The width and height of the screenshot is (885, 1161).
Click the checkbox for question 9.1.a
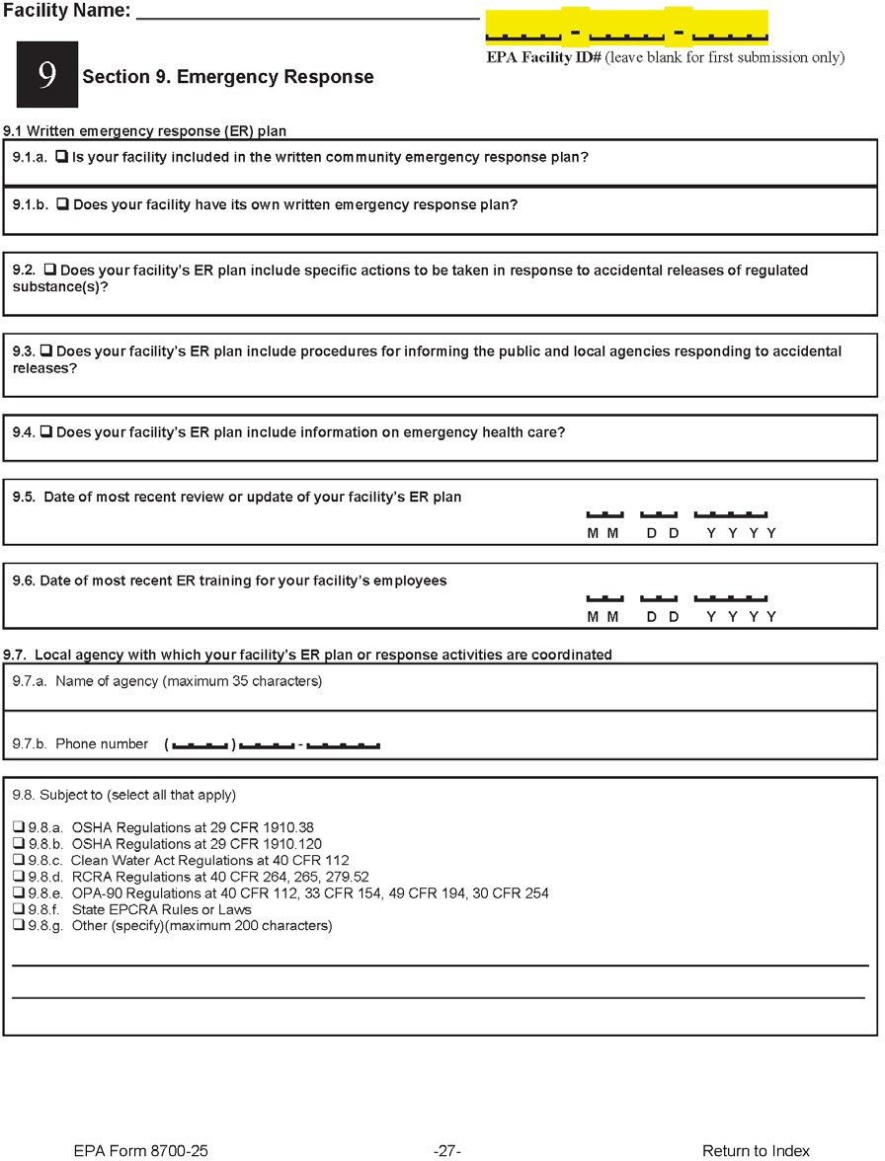tap(61, 157)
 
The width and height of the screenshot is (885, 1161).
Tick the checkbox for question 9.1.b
tap(62, 205)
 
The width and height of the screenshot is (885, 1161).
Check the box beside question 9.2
tap(49, 271)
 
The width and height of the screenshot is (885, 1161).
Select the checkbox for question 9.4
tap(45, 432)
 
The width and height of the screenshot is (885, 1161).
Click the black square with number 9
tap(46, 75)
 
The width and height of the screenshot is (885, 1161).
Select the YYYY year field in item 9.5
tap(730, 514)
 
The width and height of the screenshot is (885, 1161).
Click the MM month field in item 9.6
tap(603, 598)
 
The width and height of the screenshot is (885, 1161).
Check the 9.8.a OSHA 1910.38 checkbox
tap(18, 827)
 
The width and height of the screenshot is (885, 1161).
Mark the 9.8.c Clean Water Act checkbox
tap(18, 861)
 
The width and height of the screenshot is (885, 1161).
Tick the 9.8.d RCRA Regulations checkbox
tap(18, 877)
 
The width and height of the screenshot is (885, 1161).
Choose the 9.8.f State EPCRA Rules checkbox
tap(18, 909)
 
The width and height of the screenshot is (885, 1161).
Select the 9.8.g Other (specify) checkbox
tap(18, 926)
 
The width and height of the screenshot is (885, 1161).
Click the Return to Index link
tap(756, 1150)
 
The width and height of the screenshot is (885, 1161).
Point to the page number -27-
tap(447, 1150)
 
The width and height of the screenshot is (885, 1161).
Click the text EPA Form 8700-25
tap(140, 1150)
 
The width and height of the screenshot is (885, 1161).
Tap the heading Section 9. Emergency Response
tap(228, 77)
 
